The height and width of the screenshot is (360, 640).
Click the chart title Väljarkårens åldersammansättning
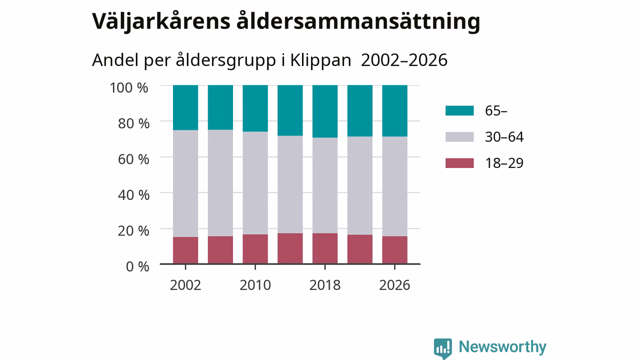pos(286,21)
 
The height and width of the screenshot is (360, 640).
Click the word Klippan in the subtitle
pos(320,60)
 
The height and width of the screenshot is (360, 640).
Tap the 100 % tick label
pos(129,87)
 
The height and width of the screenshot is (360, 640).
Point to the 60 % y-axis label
pos(133,159)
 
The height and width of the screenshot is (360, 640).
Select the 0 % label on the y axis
pos(137,266)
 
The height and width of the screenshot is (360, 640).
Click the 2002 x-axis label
pos(185,285)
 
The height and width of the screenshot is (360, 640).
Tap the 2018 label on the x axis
pos(325,285)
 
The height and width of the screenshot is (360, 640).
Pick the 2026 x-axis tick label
pos(394,285)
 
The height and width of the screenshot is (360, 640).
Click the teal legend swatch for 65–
pos(459,110)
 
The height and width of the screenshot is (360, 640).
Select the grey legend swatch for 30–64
pos(459,137)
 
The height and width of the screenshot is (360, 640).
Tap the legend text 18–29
pos(504,163)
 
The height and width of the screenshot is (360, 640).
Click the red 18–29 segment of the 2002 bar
pos(185,250)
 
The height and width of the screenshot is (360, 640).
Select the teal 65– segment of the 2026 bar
pos(394,111)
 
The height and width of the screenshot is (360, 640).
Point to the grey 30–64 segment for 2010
pos(255,183)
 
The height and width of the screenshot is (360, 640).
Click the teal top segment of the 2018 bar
pos(325,111)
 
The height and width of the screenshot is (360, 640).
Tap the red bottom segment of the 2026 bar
pos(394,250)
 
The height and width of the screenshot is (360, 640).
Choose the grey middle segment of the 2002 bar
pos(185,183)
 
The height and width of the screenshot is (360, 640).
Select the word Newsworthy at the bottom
pos(502,347)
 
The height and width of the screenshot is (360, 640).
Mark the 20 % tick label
pos(133,231)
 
